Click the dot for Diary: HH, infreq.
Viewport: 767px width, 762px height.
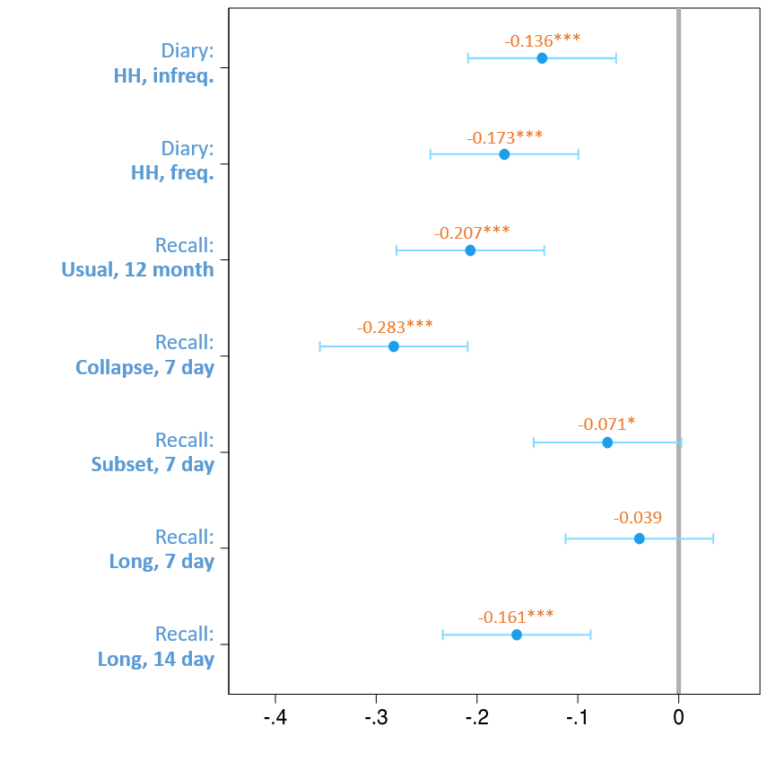coord(542,58)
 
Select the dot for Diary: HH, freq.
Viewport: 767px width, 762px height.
coord(504,154)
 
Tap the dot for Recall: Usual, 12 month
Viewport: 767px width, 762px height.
coord(470,250)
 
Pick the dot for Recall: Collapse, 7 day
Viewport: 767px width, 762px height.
coord(394,346)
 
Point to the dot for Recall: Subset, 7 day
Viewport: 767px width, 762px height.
coord(607,442)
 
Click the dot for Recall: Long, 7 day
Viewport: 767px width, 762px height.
coord(640,539)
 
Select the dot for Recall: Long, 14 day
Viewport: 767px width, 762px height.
coord(517,635)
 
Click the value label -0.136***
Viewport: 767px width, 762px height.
coord(542,40)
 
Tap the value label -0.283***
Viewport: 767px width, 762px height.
coord(395,327)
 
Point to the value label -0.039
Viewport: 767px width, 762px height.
coord(638,518)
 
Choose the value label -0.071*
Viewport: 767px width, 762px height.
coord(606,424)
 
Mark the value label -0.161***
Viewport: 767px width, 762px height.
coord(515,617)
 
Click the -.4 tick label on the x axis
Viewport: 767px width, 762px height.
coord(275,718)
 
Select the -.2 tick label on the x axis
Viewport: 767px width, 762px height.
coord(477,718)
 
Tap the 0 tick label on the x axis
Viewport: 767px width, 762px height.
coord(679,718)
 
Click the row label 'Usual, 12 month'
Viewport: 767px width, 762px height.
coord(137,269)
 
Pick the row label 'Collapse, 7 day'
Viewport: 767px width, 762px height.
coord(144,367)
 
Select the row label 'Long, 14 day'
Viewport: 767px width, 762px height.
coord(155,659)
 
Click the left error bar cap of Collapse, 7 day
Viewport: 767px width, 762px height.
coord(319,346)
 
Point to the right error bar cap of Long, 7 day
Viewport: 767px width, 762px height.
coord(713,539)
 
